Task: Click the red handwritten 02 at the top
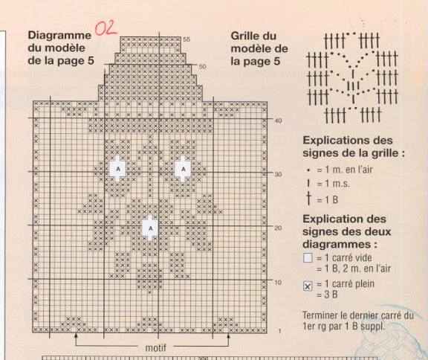106,29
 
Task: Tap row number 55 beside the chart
187,39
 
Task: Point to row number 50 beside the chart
202,67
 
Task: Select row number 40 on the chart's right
278,120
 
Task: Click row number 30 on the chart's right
278,174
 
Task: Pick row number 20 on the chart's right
278,228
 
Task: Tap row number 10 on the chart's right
278,282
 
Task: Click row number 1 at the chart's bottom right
279,331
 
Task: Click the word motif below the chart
155,348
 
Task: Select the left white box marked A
117,169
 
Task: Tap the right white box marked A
183,169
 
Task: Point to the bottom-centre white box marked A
150,228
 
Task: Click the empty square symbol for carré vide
308,258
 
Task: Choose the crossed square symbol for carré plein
308,286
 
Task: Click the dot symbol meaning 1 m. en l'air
308,170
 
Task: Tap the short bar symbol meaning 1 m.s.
308,183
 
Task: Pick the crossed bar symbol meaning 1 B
308,199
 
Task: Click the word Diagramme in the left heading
59,36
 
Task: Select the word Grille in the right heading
245,36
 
